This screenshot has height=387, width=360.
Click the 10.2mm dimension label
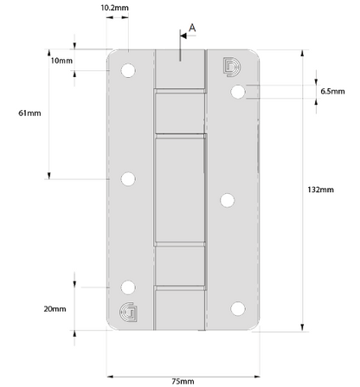114,8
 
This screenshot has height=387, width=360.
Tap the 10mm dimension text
61,61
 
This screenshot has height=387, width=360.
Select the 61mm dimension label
29,113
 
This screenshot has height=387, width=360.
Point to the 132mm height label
320,190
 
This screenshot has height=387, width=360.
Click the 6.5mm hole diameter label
332,92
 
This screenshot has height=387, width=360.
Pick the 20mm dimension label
55,309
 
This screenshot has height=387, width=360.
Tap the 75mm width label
183,381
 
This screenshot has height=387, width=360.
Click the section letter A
192,28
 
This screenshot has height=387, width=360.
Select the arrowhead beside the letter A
183,35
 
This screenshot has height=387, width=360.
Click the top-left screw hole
128,70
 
